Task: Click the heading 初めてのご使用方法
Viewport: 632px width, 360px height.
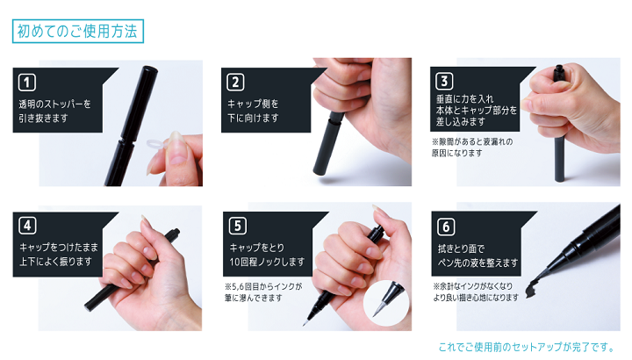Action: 78,31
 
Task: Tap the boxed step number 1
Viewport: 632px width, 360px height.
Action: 27,83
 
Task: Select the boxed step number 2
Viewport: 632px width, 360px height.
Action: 235,83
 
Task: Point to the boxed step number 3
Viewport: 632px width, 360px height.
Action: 444,81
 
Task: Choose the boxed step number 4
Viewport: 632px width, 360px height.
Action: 27,226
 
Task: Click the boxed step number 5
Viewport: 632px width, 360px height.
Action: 238,226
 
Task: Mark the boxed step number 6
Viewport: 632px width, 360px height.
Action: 446,227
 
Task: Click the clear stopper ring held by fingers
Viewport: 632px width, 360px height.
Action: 155,143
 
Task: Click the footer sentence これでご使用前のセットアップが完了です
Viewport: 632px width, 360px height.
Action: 526,347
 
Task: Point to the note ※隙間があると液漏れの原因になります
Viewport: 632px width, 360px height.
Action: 472,148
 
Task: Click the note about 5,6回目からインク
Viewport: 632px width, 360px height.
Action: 263,292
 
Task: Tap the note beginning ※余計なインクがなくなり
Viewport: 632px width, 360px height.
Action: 476,292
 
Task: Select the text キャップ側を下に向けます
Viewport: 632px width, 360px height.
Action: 253,111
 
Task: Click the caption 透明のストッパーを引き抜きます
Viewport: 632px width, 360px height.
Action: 54,111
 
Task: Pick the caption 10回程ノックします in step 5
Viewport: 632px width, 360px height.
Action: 267,262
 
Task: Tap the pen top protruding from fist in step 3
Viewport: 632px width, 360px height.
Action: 558,73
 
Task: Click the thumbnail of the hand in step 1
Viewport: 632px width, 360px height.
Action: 176,158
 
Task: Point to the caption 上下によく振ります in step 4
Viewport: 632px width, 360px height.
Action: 55,262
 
